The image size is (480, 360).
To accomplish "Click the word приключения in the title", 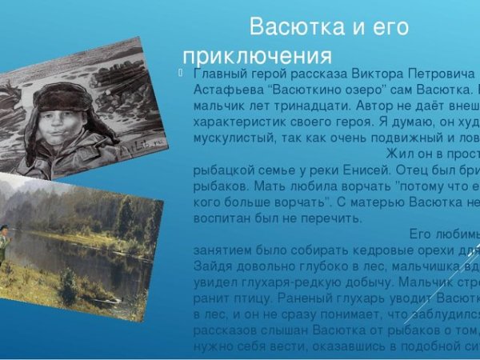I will [x=257, y=56].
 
